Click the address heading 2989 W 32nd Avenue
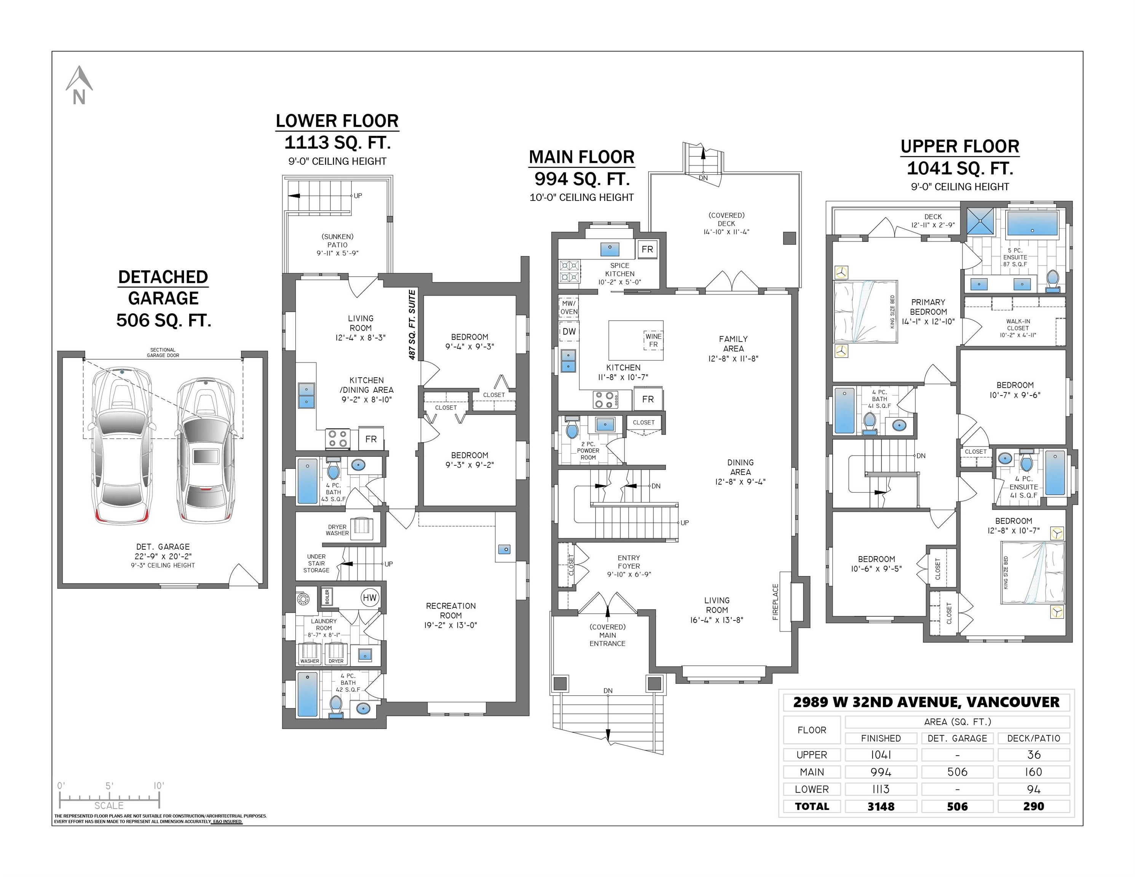(926, 702)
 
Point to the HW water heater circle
(369, 598)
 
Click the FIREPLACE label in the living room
(775, 602)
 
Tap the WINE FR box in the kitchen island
(653, 340)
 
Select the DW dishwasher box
(569, 332)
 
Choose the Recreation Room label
(450, 615)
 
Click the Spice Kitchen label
(619, 273)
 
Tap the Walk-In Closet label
(1018, 328)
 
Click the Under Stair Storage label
(316, 563)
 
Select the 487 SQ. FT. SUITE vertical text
(412, 325)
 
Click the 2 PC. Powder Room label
(588, 450)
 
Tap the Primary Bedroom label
(928, 311)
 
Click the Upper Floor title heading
(959, 147)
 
